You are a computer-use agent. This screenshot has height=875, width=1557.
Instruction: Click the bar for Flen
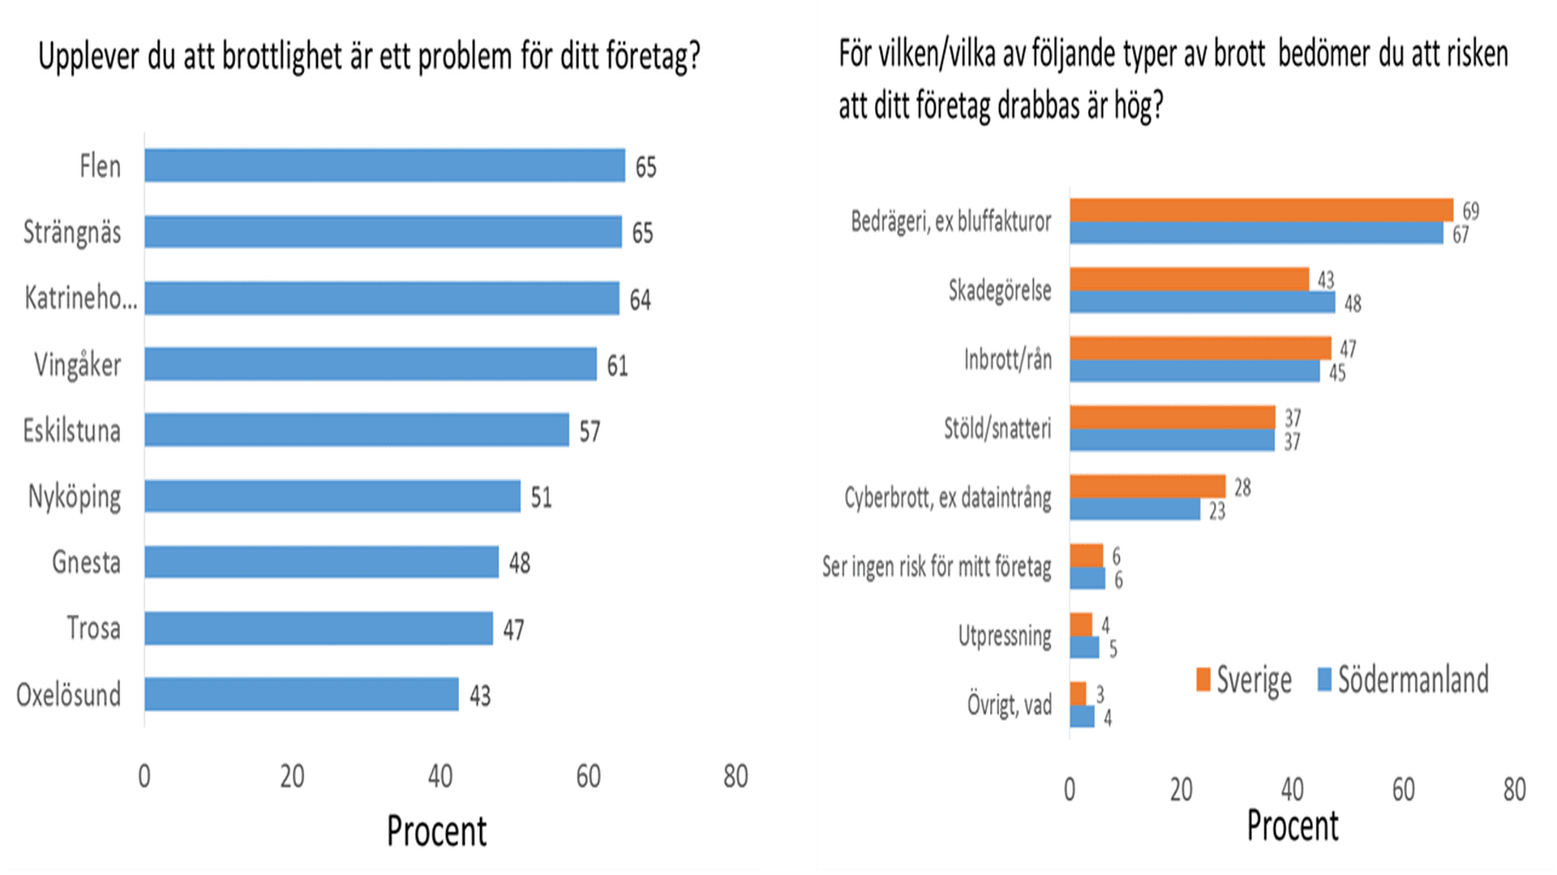[x=384, y=165]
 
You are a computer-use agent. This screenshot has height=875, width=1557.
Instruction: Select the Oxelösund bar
[x=301, y=694]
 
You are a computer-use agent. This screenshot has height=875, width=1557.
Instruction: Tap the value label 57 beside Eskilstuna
[x=590, y=431]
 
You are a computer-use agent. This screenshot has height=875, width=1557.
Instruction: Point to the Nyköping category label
[x=75, y=496]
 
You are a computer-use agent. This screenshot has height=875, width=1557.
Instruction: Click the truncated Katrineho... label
[x=80, y=298]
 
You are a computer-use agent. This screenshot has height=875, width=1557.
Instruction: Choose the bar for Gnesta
[x=321, y=562]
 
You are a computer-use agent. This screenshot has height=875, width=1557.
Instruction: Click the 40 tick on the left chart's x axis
[x=440, y=777]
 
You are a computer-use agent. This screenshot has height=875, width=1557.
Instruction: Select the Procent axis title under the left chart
[x=436, y=831]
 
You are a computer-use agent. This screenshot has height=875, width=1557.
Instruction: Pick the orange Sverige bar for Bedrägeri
[x=1261, y=210]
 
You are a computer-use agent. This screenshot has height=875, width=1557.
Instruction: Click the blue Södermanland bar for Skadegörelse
[x=1202, y=302]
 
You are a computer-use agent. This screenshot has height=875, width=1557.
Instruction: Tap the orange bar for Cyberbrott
[x=1147, y=487]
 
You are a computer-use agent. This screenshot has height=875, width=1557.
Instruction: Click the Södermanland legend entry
[x=1404, y=680]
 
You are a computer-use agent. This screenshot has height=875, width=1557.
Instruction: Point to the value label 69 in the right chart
[x=1470, y=211]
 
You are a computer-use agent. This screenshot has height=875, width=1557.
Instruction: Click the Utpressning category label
[x=1005, y=636]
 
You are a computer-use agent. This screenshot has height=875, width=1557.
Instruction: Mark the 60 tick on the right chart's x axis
[x=1403, y=789]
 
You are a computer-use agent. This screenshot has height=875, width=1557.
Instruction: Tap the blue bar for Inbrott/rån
[x=1195, y=371]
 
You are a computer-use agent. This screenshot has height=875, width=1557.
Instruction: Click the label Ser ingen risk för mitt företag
[x=937, y=567]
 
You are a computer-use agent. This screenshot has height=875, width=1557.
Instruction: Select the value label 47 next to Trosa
[x=513, y=629]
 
